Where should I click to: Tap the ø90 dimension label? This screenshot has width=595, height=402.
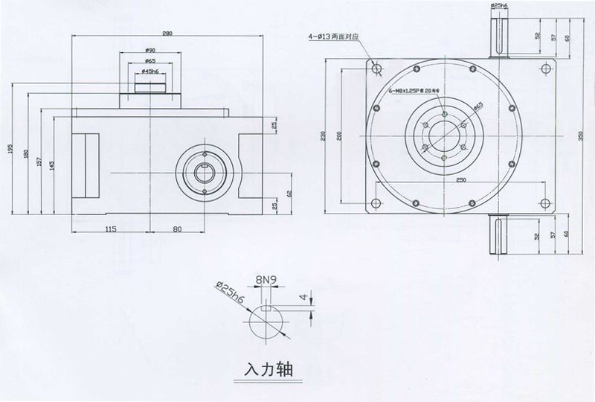(x=150, y=50)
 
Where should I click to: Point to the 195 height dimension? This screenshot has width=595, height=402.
(x=11, y=149)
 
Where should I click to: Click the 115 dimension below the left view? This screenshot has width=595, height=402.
(x=109, y=229)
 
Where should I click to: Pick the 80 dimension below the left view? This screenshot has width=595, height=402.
(x=177, y=229)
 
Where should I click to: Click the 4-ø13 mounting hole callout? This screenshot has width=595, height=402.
(x=330, y=35)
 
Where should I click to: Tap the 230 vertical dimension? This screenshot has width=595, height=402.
(x=326, y=135)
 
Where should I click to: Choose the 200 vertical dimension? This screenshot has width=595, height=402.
(x=340, y=135)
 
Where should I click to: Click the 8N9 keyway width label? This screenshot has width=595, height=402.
(x=266, y=281)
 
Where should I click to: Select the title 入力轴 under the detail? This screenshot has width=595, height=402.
(x=266, y=368)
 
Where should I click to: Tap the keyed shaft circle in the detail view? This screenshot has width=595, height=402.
(x=265, y=321)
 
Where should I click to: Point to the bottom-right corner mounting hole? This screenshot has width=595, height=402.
(x=544, y=201)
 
